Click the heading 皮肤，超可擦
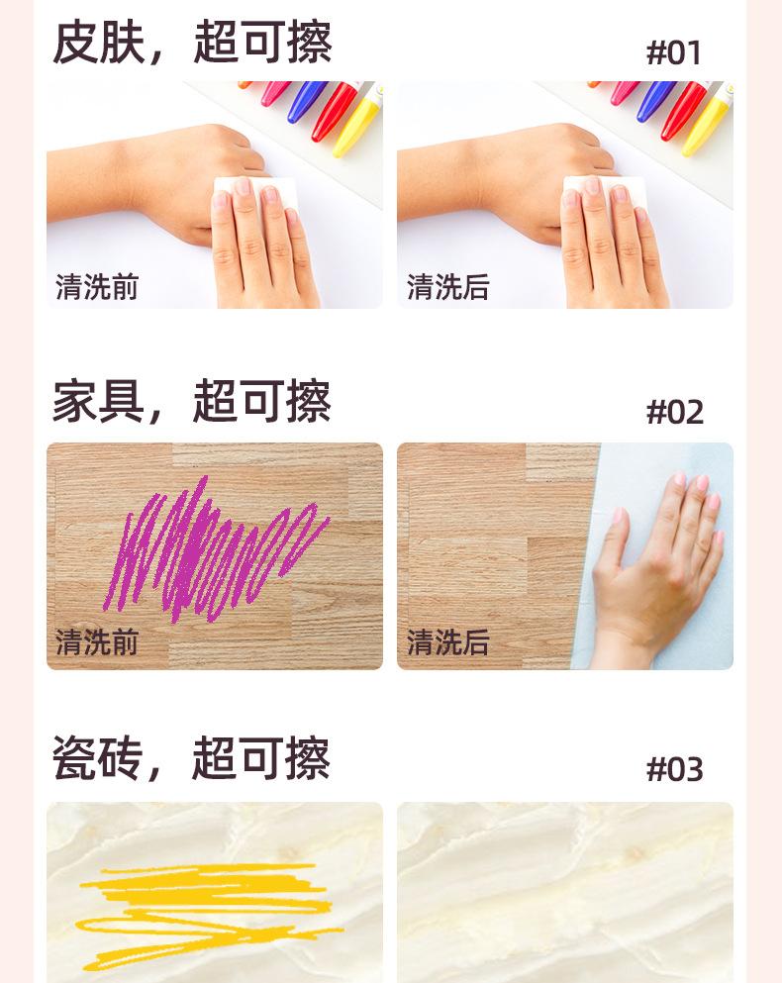pyautogui.click(x=191, y=43)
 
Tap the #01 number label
pyautogui.click(x=674, y=52)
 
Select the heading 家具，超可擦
pyautogui.click(x=191, y=401)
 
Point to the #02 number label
pyautogui.click(x=674, y=412)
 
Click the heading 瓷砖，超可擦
pyautogui.click(x=191, y=759)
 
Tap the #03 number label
pyautogui.click(x=674, y=769)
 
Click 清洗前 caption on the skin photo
pyautogui.click(x=97, y=287)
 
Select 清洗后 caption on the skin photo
pyautogui.click(x=447, y=287)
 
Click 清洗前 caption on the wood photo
pyautogui.click(x=97, y=642)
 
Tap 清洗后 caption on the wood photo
pyautogui.click(x=447, y=642)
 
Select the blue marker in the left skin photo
pyautogui.click(x=307, y=101)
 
